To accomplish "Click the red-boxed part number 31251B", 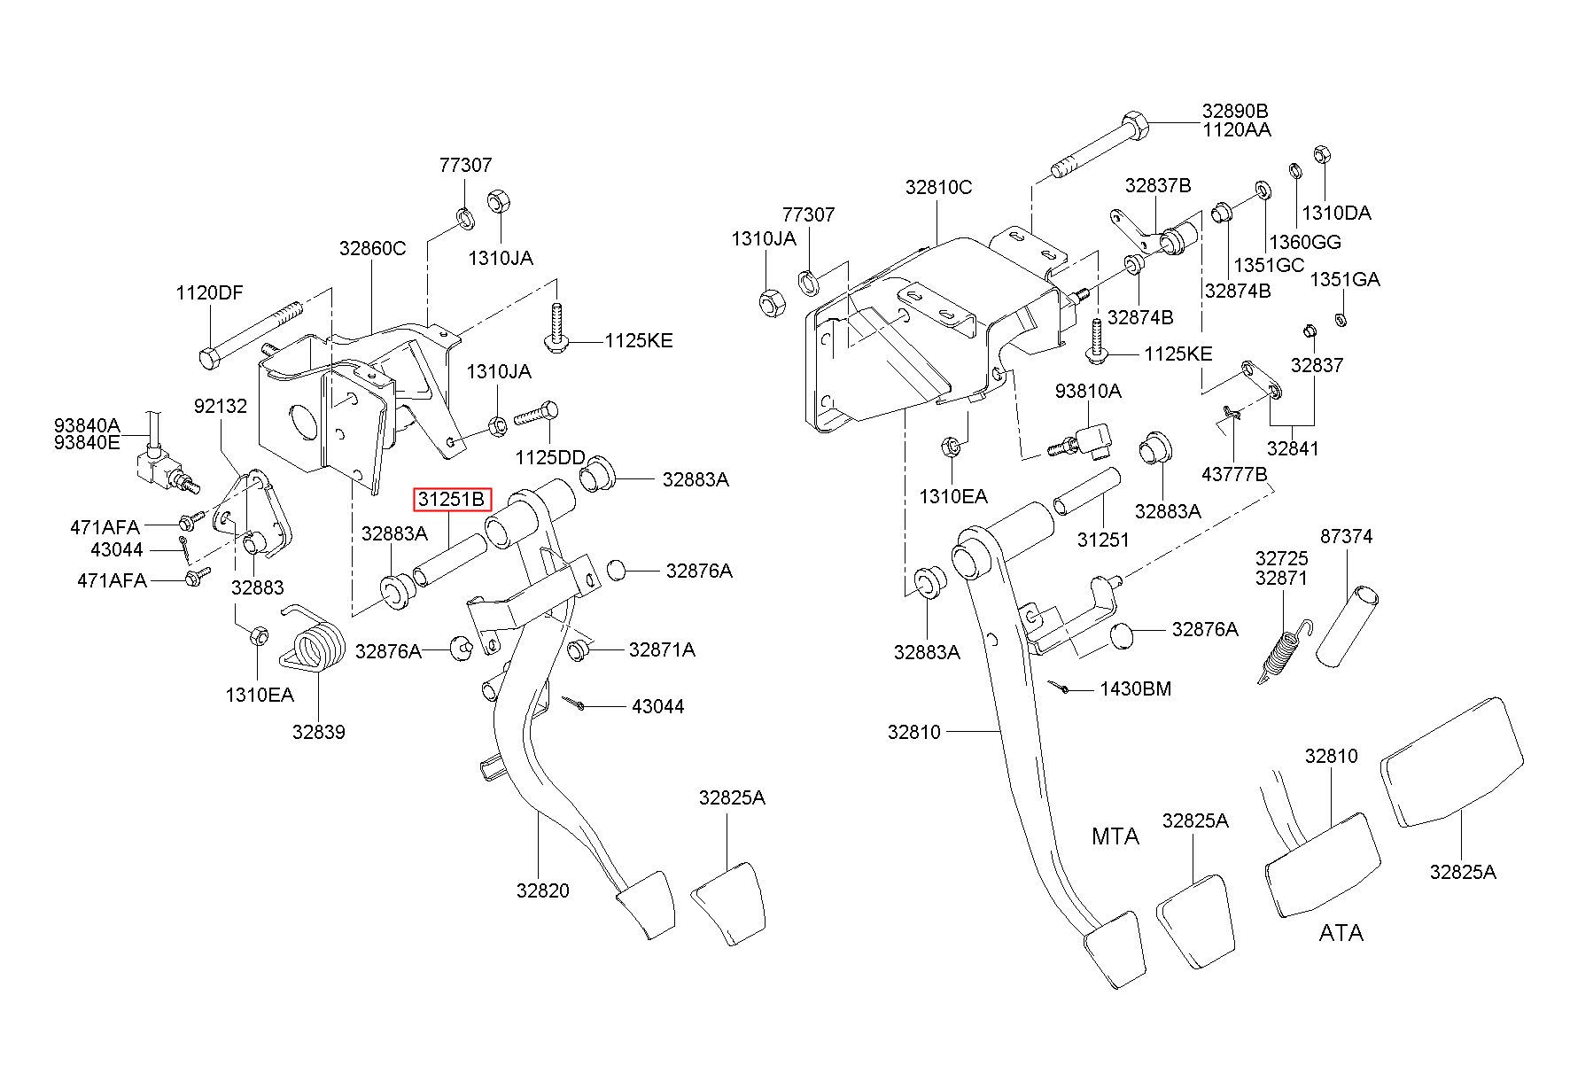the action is click(x=452, y=500).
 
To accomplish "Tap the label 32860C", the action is click(x=372, y=249).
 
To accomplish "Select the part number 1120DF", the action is click(x=209, y=293).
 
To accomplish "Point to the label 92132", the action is click(x=221, y=406).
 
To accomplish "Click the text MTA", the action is click(x=1115, y=836).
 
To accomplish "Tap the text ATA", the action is click(x=1341, y=933).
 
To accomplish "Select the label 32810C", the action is click(x=938, y=188).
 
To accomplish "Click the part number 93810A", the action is click(x=1088, y=391).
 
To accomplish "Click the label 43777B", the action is click(x=1234, y=475).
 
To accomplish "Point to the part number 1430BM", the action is click(x=1135, y=688).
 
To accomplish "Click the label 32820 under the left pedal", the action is click(x=543, y=890).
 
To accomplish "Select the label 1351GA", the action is click(x=1345, y=280).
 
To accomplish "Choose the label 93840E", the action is click(x=87, y=442).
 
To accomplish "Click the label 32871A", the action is click(x=662, y=650).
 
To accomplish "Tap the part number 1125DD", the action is click(x=550, y=457).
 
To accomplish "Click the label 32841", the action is click(x=1293, y=448).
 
